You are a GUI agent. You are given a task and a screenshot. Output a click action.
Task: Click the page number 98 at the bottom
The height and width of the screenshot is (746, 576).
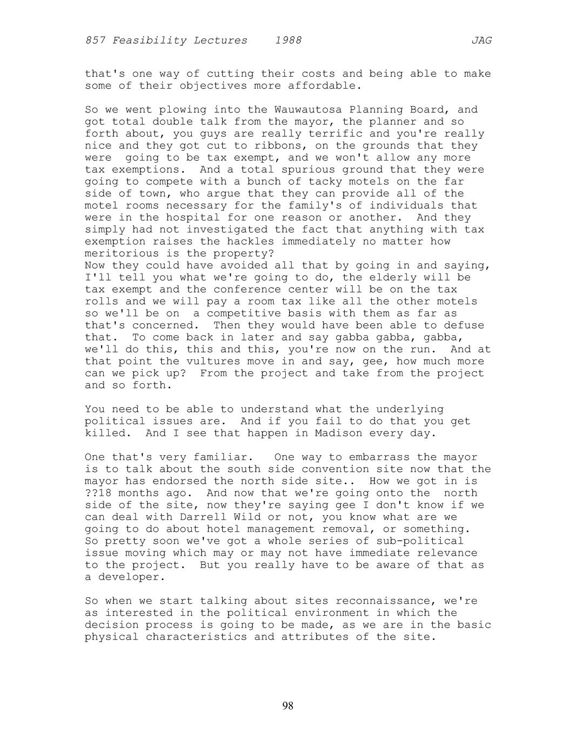[x=287, y=705]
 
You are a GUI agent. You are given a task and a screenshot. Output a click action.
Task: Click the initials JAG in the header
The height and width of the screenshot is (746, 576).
[x=481, y=41]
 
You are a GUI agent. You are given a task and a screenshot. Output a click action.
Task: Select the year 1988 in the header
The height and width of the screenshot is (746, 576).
[x=288, y=41]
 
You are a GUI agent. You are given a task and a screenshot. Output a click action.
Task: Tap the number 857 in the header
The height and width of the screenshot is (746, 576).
[x=95, y=41]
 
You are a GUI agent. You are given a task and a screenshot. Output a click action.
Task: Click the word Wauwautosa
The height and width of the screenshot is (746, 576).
[x=308, y=110]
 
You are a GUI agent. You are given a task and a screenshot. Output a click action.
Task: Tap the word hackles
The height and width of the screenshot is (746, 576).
[x=250, y=242]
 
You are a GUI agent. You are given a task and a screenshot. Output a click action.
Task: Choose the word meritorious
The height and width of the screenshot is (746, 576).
[x=122, y=254]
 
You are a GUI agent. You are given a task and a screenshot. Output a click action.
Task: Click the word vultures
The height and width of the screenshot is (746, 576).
[x=213, y=361]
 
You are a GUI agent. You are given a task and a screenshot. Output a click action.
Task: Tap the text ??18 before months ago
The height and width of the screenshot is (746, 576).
[x=98, y=493]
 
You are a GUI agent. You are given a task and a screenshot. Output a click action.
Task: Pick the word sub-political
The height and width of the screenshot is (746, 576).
[x=420, y=541]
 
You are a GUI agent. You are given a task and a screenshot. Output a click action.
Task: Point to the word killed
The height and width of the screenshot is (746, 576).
[x=105, y=433]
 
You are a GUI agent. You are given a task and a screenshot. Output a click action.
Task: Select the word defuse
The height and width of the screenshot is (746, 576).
[x=464, y=325]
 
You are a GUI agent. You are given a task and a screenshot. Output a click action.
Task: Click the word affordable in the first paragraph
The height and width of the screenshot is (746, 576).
[x=322, y=86]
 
